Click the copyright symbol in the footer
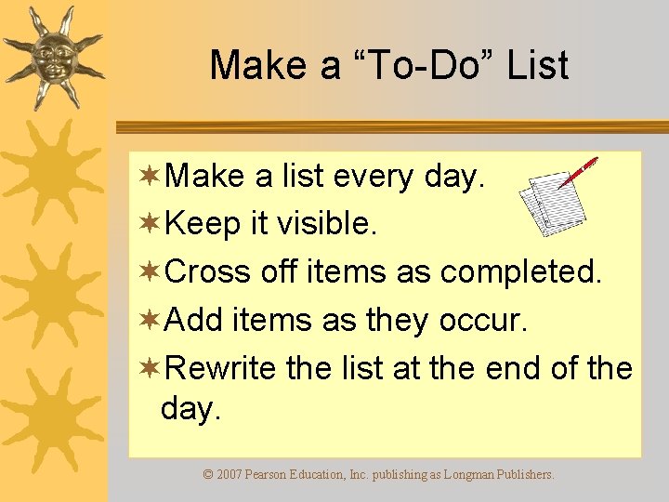208,474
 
